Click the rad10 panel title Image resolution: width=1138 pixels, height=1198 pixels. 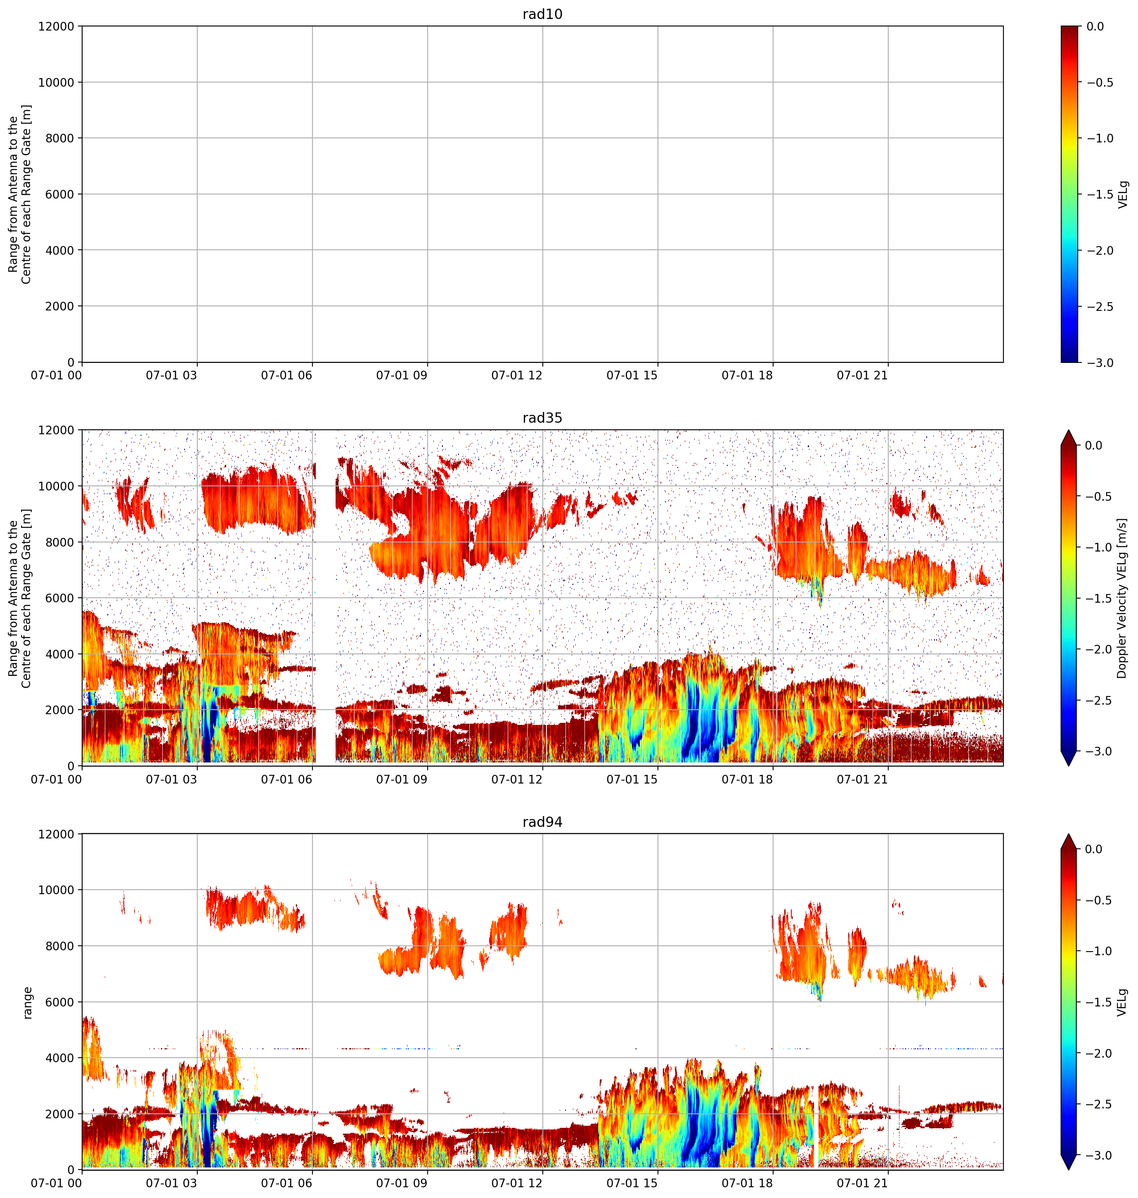point(542,14)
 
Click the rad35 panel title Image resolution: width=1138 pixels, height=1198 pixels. point(542,418)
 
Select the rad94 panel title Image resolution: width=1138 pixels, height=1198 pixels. point(542,822)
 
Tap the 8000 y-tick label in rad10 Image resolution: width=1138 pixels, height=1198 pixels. point(60,138)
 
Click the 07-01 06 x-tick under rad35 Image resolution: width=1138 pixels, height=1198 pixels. point(286,779)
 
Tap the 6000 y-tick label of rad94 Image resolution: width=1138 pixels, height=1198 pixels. point(60,1002)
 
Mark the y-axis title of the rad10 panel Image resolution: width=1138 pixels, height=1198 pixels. point(19,194)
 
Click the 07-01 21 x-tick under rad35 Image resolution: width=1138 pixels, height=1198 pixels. point(863,779)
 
